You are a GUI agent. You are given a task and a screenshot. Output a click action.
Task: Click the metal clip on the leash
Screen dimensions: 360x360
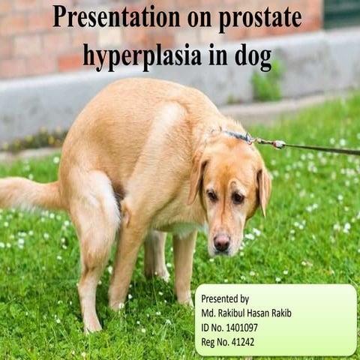coord(278,143)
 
